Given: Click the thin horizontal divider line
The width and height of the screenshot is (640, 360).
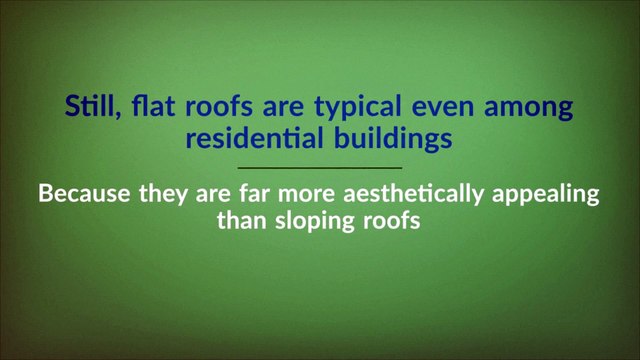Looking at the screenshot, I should [320, 168].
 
